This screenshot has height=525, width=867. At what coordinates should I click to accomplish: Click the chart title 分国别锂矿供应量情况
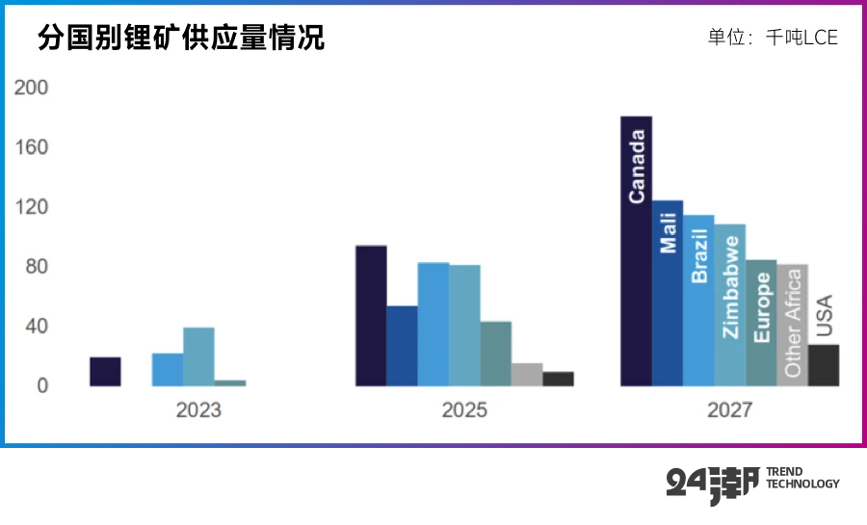(x=181, y=38)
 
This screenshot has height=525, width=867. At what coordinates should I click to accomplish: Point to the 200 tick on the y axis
(x=31, y=88)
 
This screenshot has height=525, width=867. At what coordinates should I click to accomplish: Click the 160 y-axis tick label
(x=31, y=147)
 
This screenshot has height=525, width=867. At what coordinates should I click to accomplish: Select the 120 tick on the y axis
(x=31, y=207)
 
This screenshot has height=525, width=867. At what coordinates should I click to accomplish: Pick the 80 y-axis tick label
(x=36, y=267)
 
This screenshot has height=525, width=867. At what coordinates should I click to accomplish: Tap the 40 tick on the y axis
(x=36, y=327)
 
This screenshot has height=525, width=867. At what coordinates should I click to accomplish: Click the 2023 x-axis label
(x=197, y=409)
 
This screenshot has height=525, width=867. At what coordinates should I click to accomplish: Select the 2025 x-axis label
(x=464, y=409)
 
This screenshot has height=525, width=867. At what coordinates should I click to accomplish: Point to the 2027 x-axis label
(x=729, y=409)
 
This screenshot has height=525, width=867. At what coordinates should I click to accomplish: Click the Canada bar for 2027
(x=636, y=250)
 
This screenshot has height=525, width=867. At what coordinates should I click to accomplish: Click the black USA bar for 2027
(x=824, y=366)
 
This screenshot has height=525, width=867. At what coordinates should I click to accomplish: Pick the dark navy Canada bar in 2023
(x=105, y=372)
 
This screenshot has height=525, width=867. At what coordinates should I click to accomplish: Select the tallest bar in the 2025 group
(x=371, y=316)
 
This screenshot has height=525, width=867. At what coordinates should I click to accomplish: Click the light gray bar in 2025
(x=527, y=375)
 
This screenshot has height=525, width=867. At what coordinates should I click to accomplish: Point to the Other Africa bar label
(x=793, y=323)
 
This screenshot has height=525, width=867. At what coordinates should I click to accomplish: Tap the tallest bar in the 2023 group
(x=198, y=356)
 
